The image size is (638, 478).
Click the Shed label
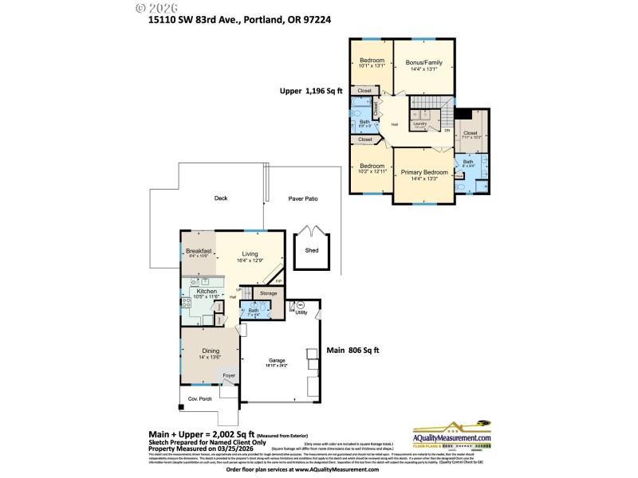tap(311, 249)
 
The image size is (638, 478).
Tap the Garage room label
tap(278, 361)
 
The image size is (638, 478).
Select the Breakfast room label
tap(198, 251)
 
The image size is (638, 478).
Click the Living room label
tap(250, 255)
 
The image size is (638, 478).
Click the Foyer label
tap(229, 374)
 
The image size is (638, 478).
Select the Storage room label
tap(268, 293)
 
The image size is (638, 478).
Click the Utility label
tap(301, 313)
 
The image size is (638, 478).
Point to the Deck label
tap(221, 198)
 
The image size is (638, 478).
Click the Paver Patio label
tap(303, 198)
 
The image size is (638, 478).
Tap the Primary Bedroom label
tap(423, 172)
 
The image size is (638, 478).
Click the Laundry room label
tap(419, 123)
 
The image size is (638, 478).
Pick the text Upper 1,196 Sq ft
tap(311, 92)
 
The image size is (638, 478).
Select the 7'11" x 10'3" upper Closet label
tap(471, 134)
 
